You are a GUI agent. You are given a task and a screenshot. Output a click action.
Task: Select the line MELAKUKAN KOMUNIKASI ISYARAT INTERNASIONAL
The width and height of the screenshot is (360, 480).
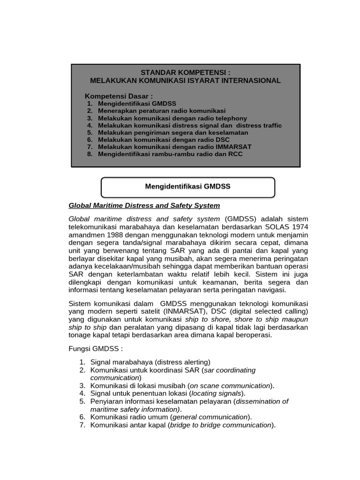click(185, 81)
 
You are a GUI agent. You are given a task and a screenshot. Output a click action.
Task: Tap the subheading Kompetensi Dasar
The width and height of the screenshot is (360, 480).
click(119, 96)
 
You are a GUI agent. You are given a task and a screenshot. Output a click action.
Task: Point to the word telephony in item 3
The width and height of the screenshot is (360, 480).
click(230, 119)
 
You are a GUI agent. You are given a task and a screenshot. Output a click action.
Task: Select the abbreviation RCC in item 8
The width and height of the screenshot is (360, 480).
click(235, 154)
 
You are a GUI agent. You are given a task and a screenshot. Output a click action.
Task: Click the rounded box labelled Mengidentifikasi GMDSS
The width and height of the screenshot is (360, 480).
click(187, 187)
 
